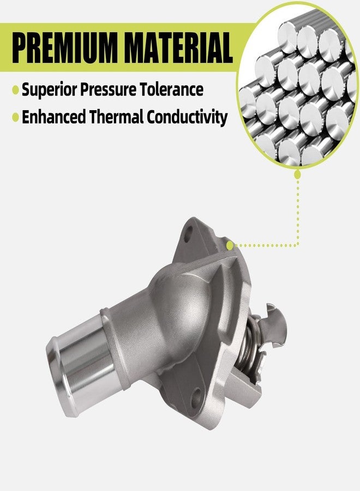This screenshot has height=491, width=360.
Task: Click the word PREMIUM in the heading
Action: click(x=65, y=48)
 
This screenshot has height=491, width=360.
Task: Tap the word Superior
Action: click(x=49, y=89)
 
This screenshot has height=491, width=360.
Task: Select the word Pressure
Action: click(x=109, y=89)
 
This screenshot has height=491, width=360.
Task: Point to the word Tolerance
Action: click(x=172, y=89)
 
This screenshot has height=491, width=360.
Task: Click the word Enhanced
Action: click(x=53, y=117)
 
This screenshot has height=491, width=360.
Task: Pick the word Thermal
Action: click(x=116, y=117)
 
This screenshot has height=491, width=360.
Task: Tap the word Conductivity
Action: click(x=187, y=118)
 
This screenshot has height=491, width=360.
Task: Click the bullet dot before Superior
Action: click(x=15, y=90)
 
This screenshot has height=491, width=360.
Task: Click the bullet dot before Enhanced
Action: click(x=15, y=117)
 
